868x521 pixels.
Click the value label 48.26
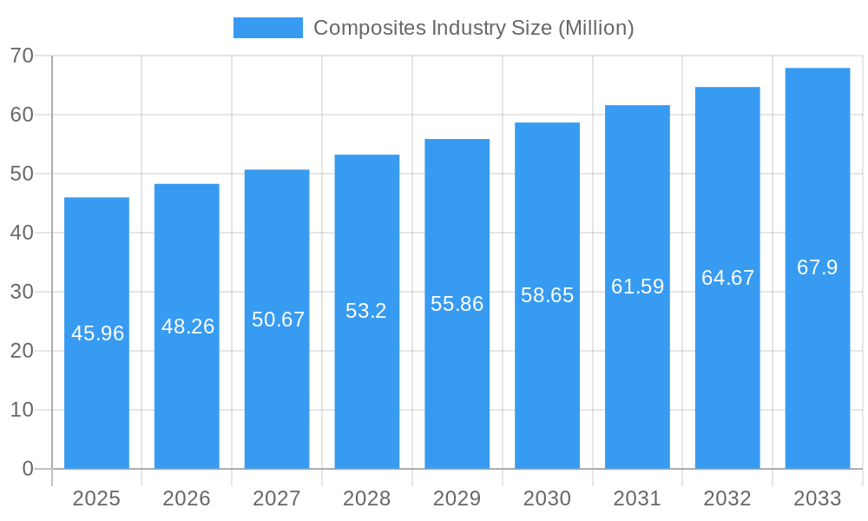[187, 326]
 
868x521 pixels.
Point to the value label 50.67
[278, 320]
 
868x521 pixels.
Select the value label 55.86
[457, 304]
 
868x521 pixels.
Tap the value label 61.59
[637, 287]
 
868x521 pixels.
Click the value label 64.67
[727, 278]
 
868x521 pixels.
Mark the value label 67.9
[817, 267]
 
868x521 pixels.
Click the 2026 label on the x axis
[187, 498]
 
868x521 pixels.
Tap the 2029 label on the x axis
[457, 498]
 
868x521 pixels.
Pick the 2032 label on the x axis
[727, 498]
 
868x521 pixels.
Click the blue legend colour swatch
[267, 28]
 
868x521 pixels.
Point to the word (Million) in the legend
[595, 28]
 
